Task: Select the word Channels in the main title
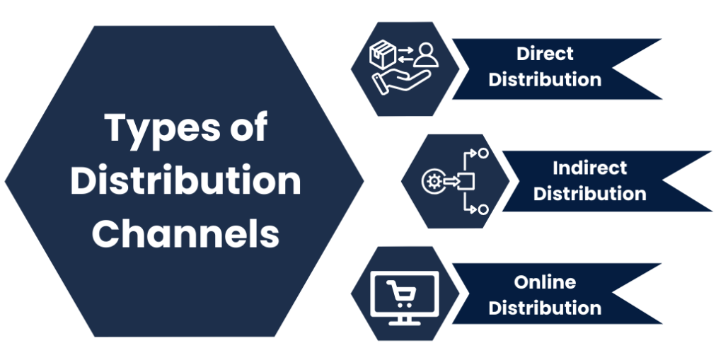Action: click(185, 234)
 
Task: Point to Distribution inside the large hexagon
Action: click(185, 182)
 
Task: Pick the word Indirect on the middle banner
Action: click(589, 168)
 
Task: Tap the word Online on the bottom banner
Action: click(545, 282)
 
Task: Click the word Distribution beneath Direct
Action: click(545, 79)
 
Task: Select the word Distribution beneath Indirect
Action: click(589, 194)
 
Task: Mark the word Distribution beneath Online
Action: click(545, 308)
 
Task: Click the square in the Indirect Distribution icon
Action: click(467, 181)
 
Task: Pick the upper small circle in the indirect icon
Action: click(483, 153)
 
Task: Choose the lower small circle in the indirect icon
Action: click(483, 209)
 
